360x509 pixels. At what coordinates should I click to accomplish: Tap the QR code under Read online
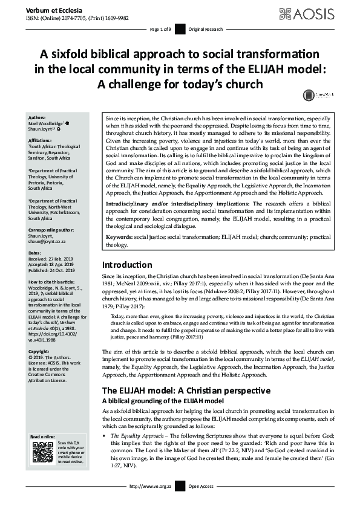coord(43,452)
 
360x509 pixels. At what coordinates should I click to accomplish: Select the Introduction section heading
coord(127,264)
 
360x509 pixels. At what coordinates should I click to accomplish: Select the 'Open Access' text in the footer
coord(201,502)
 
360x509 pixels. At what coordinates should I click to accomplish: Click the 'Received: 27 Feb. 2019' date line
coord(54,242)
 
